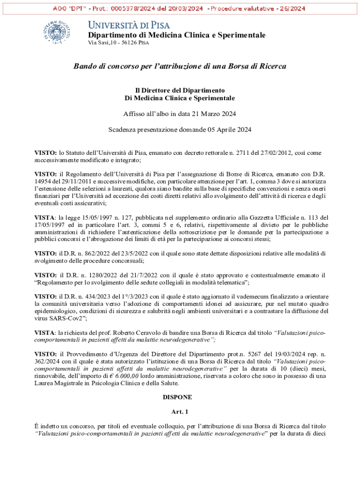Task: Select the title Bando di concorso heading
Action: (180, 66)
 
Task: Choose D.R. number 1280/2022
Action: (96, 275)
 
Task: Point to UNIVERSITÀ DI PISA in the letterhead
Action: (129, 25)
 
